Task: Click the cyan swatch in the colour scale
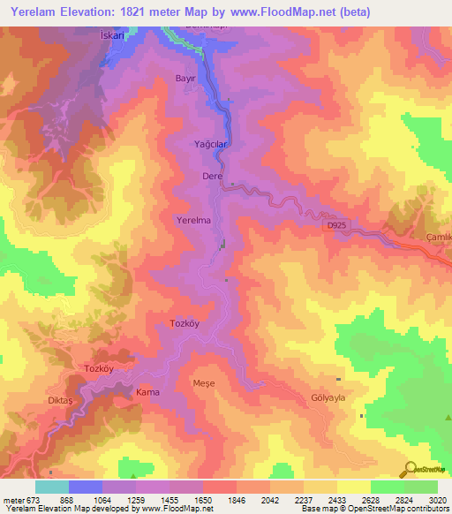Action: [51, 487]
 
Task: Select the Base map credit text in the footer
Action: [374, 509]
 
